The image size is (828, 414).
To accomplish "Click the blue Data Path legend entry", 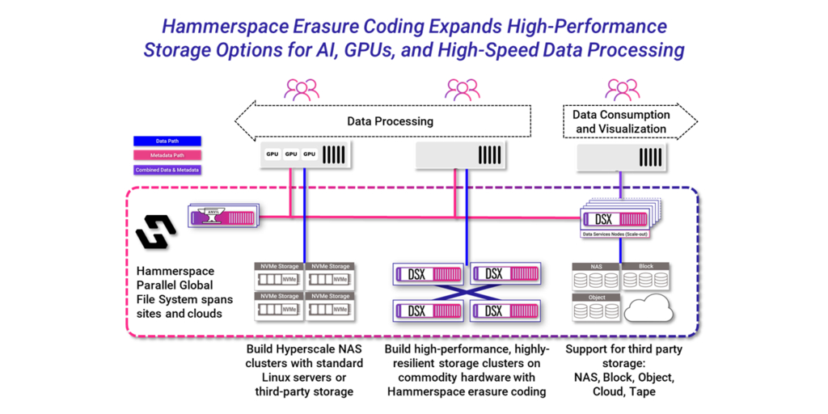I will [167, 141].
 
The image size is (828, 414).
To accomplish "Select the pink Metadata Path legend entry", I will [167, 155].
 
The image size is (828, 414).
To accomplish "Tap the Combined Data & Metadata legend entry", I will [167, 170].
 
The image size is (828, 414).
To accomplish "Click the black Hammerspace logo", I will [156, 232].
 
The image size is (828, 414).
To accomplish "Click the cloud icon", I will [648, 308].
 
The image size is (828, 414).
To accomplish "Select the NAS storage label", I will [594, 266].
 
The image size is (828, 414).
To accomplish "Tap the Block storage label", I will [645, 266].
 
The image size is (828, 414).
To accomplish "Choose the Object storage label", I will [594, 297].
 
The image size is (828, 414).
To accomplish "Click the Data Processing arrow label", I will [390, 121].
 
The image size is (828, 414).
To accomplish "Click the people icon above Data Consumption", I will [622, 89].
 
